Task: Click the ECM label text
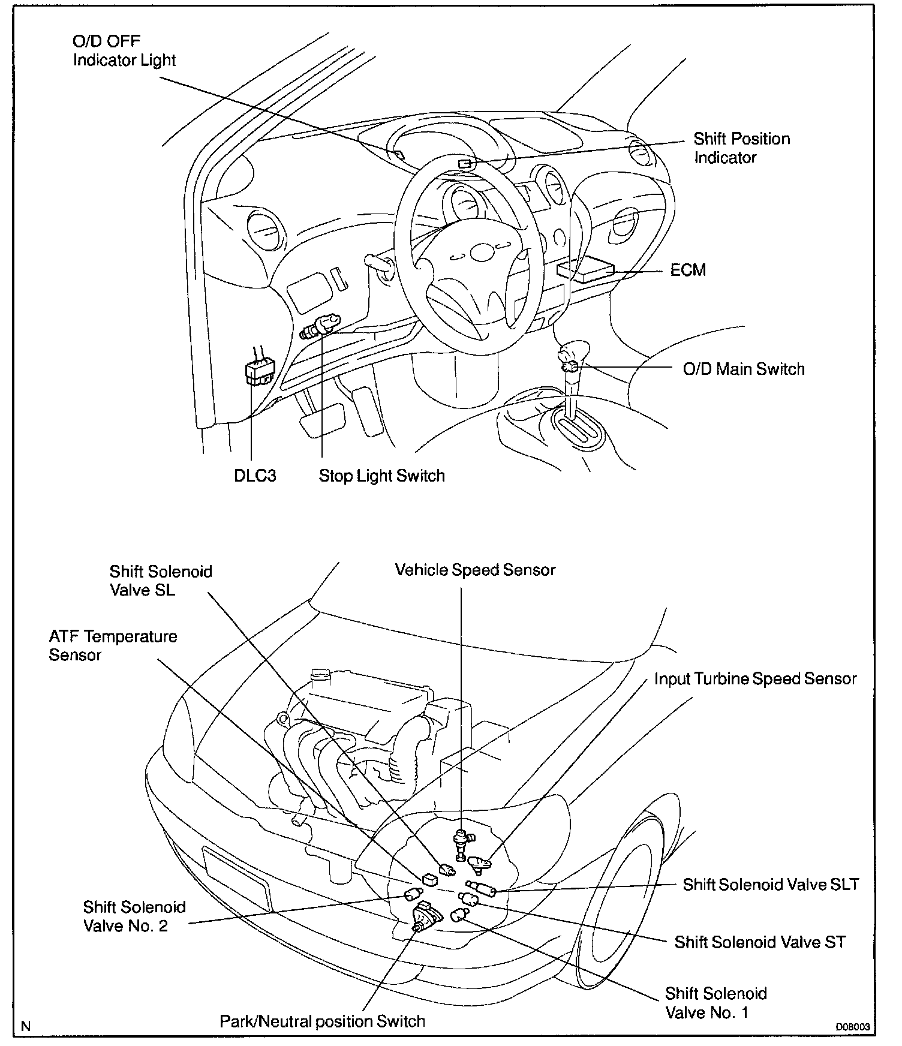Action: pos(688,270)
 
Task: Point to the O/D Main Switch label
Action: pos(743,369)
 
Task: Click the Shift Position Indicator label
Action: pos(741,148)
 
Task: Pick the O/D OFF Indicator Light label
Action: pos(124,51)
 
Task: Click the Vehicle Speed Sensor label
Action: pos(475,570)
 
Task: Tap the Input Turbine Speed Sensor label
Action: pos(755,679)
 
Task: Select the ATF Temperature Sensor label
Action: pos(113,645)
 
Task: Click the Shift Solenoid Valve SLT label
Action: pos(771,884)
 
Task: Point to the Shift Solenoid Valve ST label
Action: pos(760,942)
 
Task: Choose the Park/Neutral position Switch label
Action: pos(322,1021)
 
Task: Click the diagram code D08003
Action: pos(853,1027)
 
